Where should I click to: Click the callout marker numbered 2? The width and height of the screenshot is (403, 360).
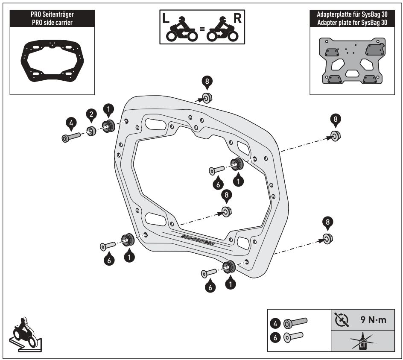91,114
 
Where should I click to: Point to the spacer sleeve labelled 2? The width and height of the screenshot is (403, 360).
91,131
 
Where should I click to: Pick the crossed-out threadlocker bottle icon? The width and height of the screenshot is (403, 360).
363,342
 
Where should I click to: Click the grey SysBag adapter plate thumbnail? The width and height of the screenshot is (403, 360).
351,61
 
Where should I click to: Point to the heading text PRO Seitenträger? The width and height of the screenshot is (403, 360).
51,15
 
